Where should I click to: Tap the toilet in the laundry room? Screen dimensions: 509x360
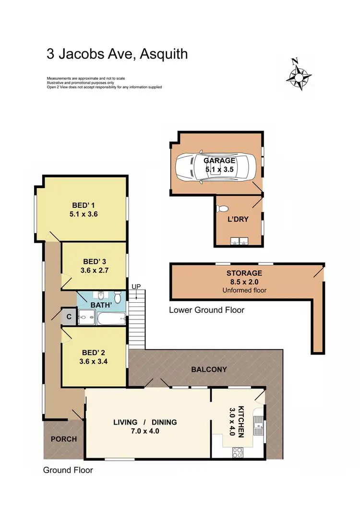pos(222,209)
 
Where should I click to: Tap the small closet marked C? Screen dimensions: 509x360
pos(69,317)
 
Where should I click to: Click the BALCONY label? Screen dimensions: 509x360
pos(209,369)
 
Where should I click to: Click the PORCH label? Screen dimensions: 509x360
pos(64,439)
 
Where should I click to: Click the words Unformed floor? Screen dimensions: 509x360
pos(244,291)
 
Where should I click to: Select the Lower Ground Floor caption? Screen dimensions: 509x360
pos(206,310)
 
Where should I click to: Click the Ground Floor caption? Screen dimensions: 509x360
pos(68,470)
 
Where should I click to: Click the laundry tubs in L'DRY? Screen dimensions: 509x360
pos(239,241)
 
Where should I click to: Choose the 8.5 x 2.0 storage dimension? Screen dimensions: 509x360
pos(244,282)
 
